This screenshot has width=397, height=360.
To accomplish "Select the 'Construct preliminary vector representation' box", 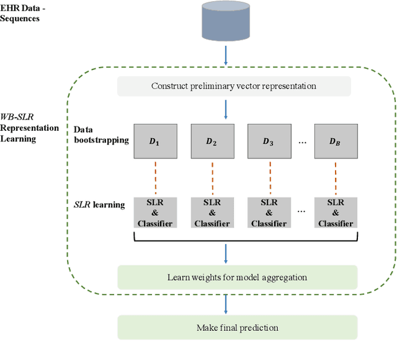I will (x=234, y=86).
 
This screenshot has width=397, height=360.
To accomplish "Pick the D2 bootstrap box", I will (x=212, y=141).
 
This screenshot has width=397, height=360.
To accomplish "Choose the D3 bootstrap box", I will (x=269, y=141).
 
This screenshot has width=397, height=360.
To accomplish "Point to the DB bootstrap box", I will (x=336, y=141).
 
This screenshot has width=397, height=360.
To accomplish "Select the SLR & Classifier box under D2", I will (x=212, y=213).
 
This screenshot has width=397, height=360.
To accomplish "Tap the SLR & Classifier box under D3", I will (x=269, y=213).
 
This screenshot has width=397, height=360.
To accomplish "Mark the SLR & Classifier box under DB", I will (x=336, y=213).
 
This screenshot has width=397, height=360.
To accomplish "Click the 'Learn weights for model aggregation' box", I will (x=238, y=276).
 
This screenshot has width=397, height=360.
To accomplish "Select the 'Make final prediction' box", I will (x=238, y=327).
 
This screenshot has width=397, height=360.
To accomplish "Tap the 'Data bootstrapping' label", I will (x=101, y=135).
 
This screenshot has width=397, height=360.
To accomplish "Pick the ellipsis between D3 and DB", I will (x=301, y=142).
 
